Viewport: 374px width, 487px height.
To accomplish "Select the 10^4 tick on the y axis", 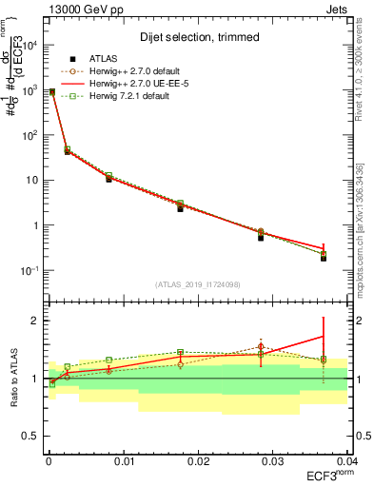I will click(29, 46).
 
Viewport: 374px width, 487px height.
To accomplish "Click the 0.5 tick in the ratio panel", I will click(30, 437).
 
